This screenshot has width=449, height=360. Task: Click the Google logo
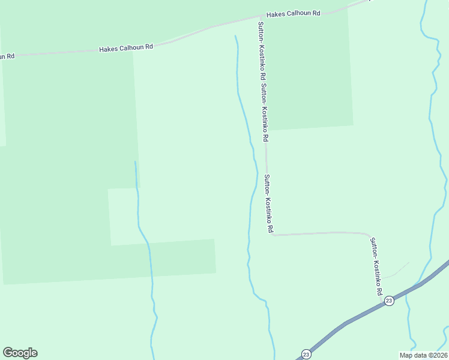click(x=20, y=353)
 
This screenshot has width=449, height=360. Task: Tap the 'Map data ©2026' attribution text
click(x=423, y=355)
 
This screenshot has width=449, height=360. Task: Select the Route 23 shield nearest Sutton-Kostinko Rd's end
click(x=389, y=301)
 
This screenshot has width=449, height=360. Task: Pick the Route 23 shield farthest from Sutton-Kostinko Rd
click(x=306, y=353)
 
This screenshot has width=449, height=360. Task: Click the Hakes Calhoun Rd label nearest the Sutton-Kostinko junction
click(x=295, y=14)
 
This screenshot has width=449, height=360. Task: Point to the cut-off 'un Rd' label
click(x=7, y=56)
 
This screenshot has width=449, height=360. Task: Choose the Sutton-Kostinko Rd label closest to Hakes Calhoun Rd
click(x=261, y=51)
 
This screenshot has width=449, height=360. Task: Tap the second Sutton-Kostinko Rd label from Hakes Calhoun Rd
click(x=265, y=112)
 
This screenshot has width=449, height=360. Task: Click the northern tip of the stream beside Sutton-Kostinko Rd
click(x=235, y=36)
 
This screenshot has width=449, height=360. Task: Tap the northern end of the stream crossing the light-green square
click(x=135, y=161)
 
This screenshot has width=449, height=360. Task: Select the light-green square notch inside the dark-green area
click(x=123, y=216)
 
